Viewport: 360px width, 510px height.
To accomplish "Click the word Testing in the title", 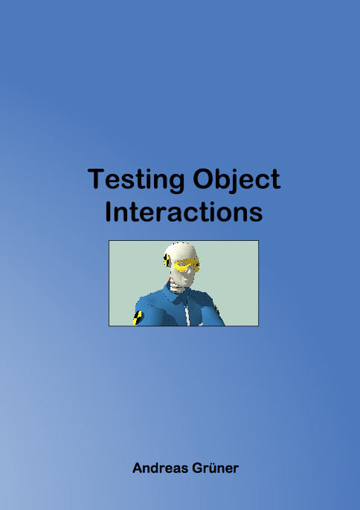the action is click(135, 180).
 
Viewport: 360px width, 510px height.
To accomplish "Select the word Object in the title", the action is click(237, 180).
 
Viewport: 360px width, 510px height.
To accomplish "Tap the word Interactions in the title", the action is click(184, 212).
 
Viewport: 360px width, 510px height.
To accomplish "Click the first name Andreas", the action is click(160, 468).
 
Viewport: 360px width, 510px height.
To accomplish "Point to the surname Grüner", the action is click(215, 468).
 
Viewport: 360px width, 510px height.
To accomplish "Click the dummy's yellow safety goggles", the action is click(186, 265).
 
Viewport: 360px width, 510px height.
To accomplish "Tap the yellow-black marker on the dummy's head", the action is click(167, 260).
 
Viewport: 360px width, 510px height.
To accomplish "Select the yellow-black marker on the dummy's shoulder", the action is click(138, 317).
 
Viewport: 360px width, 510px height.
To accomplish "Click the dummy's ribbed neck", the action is click(177, 287).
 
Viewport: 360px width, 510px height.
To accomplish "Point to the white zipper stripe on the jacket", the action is click(187, 313).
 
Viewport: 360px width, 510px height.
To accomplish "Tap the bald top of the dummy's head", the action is click(180, 249).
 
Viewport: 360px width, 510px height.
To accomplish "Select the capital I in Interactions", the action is click(109, 212).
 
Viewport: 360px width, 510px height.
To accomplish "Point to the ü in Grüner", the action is click(211, 468).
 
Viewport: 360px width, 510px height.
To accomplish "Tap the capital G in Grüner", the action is click(198, 468).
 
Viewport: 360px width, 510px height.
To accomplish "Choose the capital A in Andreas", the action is click(138, 468).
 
